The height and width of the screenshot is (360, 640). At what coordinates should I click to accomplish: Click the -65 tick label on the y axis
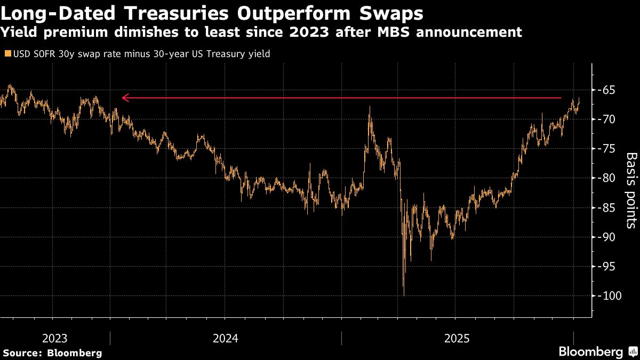click(x=607, y=90)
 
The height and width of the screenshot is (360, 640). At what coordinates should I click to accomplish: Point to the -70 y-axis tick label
click(x=607, y=119)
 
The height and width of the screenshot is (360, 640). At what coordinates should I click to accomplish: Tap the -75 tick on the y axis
click(x=607, y=149)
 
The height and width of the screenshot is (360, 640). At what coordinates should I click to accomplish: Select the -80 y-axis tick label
click(x=607, y=178)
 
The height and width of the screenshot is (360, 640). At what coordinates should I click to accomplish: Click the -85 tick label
click(x=607, y=207)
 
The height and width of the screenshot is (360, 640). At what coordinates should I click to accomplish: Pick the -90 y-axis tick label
click(x=607, y=237)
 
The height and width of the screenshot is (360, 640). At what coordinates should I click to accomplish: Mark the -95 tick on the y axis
click(x=607, y=266)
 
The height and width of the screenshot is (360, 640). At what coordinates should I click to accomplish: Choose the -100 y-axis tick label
click(x=609, y=296)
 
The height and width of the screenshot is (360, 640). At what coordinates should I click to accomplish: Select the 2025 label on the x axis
click(x=457, y=339)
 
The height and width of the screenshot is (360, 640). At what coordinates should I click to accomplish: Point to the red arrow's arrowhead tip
click(x=122, y=98)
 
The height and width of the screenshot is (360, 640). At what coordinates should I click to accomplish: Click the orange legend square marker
click(x=6, y=53)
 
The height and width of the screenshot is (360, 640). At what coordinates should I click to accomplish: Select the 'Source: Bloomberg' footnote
click(x=52, y=353)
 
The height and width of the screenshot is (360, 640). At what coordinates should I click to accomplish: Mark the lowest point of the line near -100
click(x=404, y=295)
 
